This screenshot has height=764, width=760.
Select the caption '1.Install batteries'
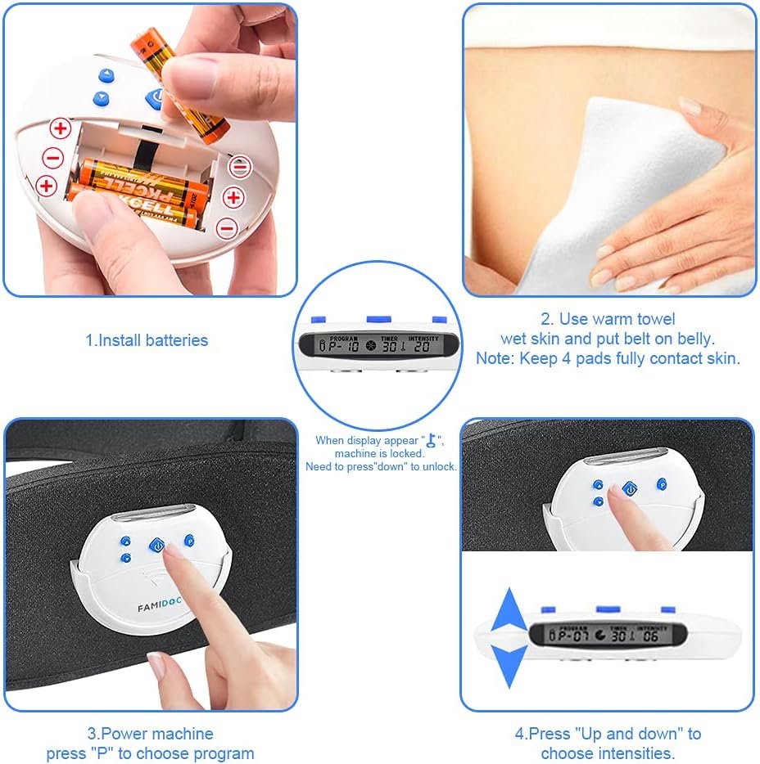(147, 340)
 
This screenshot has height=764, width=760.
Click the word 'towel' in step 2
(655, 319)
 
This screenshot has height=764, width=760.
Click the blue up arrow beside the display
(509, 609)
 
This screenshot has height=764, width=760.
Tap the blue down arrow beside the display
(509, 664)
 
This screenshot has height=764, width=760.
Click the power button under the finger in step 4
(629, 488)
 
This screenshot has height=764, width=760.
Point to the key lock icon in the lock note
(430, 441)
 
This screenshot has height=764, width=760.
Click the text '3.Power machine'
(150, 734)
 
